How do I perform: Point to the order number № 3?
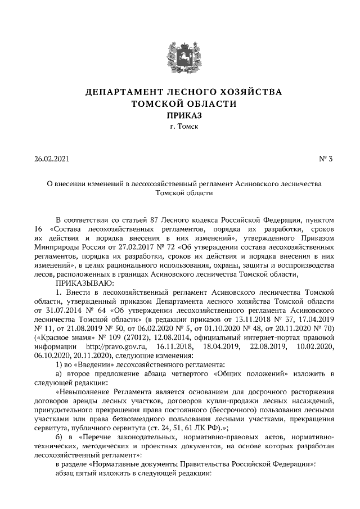click(x=326, y=159)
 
